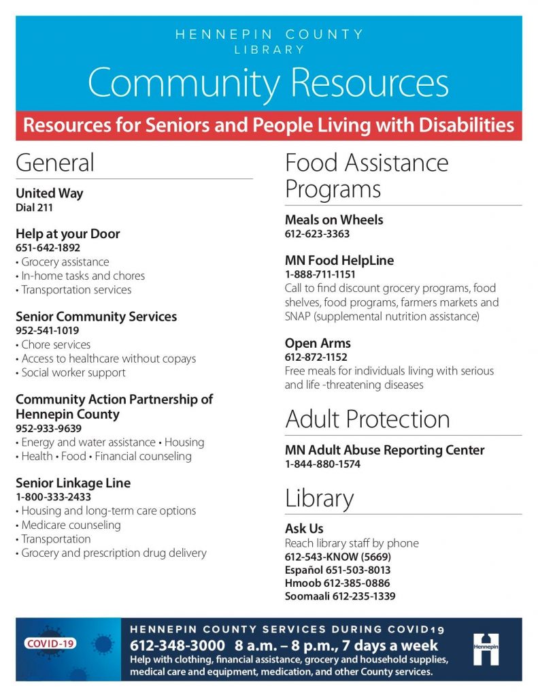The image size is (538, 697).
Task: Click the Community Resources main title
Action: pos(268,82)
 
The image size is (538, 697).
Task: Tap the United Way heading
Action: pos(49,193)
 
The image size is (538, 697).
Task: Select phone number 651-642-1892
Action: pos(48,248)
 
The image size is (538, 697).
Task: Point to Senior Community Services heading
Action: pos(96,317)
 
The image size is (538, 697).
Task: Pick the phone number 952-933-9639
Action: pos(48,429)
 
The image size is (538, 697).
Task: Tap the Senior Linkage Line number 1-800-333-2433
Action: pos(53,497)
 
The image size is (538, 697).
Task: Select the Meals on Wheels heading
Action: pos(334,220)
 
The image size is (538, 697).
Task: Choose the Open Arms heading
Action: pos(318,343)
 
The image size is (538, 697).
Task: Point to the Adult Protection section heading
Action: pos(367,419)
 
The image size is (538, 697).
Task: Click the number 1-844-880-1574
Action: pos(322,464)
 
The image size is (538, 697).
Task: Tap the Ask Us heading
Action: pos(304,529)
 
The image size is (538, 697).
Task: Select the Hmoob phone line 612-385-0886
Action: pos(337,583)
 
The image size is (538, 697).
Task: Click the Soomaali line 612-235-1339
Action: pos(340,597)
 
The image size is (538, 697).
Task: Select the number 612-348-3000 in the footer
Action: pos(178,645)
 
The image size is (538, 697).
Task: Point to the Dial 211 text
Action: pos(34,208)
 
